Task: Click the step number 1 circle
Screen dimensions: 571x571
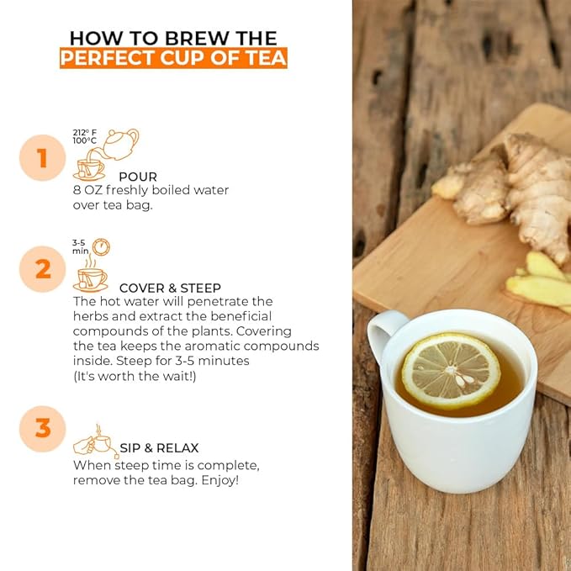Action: pyautogui.click(x=41, y=158)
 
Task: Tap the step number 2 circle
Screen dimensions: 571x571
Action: pyautogui.click(x=41, y=269)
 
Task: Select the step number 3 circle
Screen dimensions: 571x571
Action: pyautogui.click(x=41, y=428)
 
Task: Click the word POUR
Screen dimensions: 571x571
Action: pyautogui.click(x=137, y=177)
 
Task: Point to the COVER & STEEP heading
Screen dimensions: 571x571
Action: pyautogui.click(x=170, y=288)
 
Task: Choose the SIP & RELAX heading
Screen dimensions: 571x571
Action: pyautogui.click(x=159, y=448)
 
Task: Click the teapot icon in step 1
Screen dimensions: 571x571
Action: pyautogui.click(x=120, y=144)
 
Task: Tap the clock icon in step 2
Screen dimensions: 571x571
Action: pyautogui.click(x=101, y=247)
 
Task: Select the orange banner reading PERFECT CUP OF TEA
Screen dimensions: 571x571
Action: pyautogui.click(x=173, y=59)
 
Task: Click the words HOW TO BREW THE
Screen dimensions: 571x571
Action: pyautogui.click(x=173, y=38)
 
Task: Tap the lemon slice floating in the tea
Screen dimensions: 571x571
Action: pyautogui.click(x=450, y=371)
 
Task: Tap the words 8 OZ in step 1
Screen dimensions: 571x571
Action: pyautogui.click(x=87, y=191)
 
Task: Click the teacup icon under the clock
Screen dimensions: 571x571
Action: pyautogui.click(x=91, y=278)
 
